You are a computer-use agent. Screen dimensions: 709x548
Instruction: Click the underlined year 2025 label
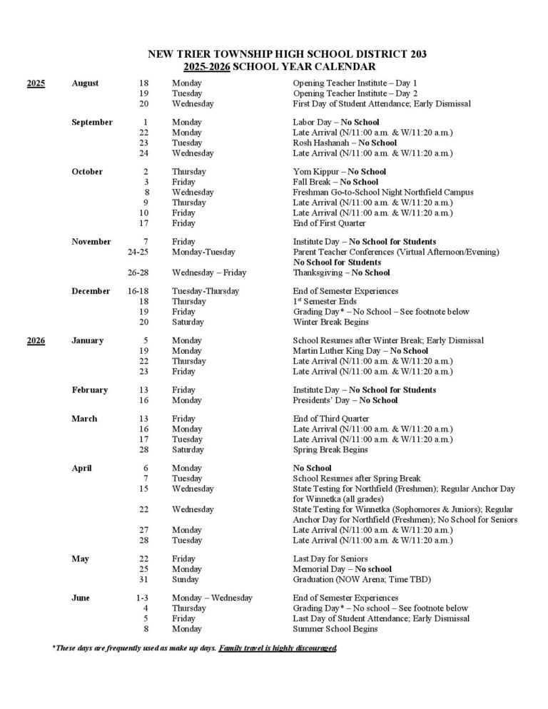click(x=36, y=83)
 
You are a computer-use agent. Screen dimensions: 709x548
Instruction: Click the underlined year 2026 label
click(x=36, y=340)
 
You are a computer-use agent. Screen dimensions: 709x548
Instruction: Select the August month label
click(x=86, y=83)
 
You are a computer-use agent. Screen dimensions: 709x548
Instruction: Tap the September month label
click(x=92, y=122)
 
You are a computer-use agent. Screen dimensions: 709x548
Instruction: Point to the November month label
click(x=91, y=242)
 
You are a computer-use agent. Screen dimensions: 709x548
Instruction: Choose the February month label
click(x=90, y=390)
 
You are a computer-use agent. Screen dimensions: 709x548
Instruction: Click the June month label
click(x=81, y=598)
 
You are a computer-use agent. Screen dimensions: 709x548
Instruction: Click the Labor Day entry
click(x=336, y=122)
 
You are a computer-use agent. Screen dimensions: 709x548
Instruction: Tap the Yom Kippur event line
click(x=340, y=172)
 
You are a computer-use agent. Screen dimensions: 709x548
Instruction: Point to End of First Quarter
click(x=332, y=223)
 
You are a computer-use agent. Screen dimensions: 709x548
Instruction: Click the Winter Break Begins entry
click(x=330, y=322)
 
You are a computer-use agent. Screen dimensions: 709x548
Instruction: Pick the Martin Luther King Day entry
click(x=360, y=351)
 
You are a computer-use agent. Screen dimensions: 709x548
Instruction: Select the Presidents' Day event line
click(x=345, y=400)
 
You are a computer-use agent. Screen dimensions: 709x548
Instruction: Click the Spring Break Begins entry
click(x=330, y=449)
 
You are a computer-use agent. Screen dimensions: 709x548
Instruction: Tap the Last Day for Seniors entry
click(x=331, y=558)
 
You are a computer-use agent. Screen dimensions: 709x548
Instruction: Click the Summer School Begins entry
click(x=335, y=629)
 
